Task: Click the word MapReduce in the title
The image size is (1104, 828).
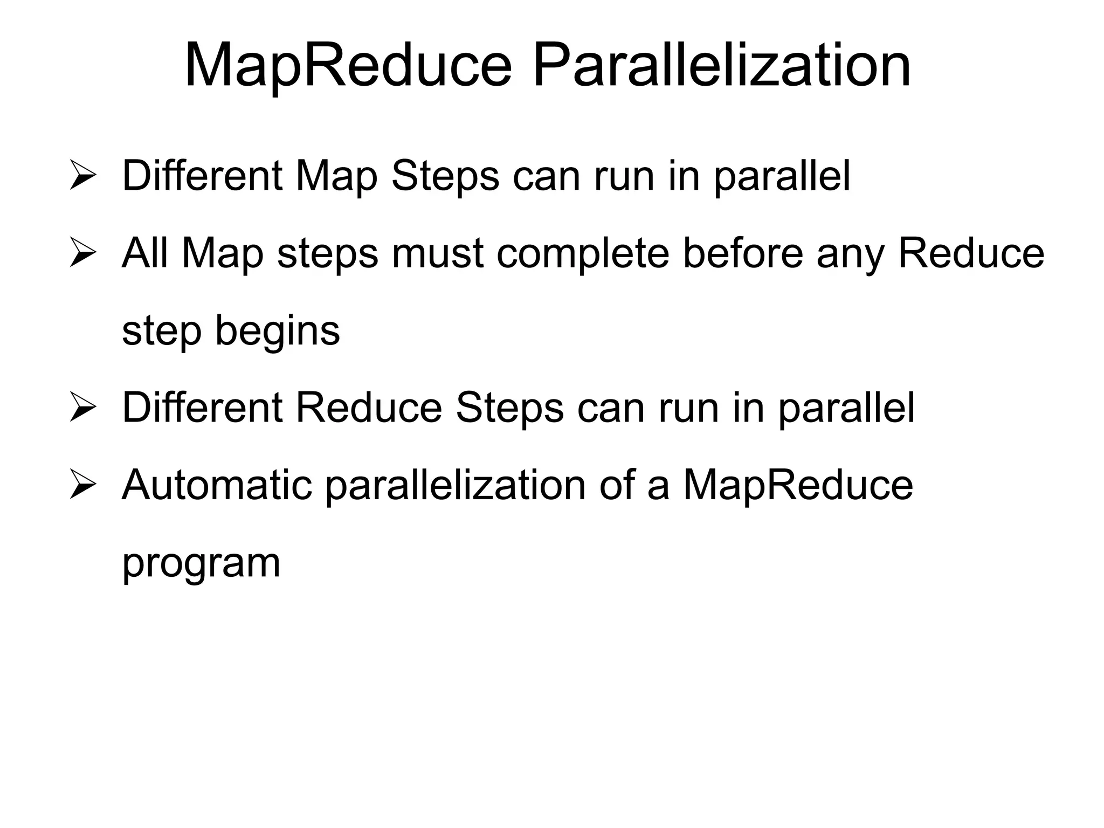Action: click(348, 66)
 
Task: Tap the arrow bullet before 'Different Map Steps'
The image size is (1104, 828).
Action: click(82, 176)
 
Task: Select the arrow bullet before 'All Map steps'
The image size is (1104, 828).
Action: click(82, 254)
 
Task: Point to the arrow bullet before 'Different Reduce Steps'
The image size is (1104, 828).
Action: click(82, 409)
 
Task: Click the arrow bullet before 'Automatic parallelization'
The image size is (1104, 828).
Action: click(82, 486)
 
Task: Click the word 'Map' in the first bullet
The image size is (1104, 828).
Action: click(336, 177)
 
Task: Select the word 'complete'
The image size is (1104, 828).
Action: click(583, 254)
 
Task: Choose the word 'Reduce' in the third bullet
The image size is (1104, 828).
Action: click(369, 408)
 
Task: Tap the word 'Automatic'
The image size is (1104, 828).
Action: click(217, 485)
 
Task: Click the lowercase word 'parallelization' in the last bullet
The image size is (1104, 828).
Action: click(456, 486)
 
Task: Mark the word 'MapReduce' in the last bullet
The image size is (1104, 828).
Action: click(798, 486)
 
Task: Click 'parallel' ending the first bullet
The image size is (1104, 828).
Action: click(782, 177)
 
